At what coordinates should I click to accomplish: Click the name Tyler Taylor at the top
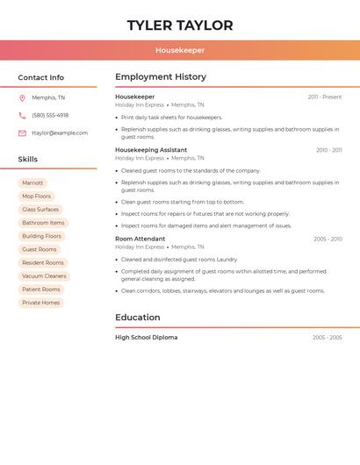pyautogui.click(x=180, y=25)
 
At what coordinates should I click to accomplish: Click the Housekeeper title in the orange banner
pyautogui.click(x=180, y=51)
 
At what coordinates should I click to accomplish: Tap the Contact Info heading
pyautogui.click(x=41, y=77)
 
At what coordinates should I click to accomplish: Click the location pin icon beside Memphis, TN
pyautogui.click(x=22, y=98)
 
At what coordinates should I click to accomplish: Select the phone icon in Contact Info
pyautogui.click(x=22, y=115)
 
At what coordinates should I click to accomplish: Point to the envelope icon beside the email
pyautogui.click(x=22, y=133)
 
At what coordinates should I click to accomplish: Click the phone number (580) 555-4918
pyautogui.click(x=50, y=115)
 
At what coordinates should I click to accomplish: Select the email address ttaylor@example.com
pyautogui.click(x=60, y=133)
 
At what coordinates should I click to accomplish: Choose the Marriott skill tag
pyautogui.click(x=32, y=182)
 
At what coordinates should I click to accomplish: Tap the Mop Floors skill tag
pyautogui.click(x=37, y=197)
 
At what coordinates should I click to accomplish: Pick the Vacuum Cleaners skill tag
pyautogui.click(x=44, y=275)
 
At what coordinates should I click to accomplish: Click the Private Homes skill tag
pyautogui.click(x=41, y=303)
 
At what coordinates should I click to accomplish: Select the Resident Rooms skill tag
pyautogui.click(x=43, y=262)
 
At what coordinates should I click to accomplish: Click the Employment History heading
pyautogui.click(x=161, y=77)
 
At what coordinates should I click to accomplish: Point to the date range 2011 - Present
pyautogui.click(x=325, y=97)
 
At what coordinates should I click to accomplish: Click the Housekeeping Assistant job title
pyautogui.click(x=151, y=150)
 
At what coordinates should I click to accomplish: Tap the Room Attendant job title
pyautogui.click(x=140, y=239)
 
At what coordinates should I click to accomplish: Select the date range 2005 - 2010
pyautogui.click(x=328, y=239)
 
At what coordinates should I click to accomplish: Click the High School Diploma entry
pyautogui.click(x=147, y=338)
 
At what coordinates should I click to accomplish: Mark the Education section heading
pyautogui.click(x=138, y=318)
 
